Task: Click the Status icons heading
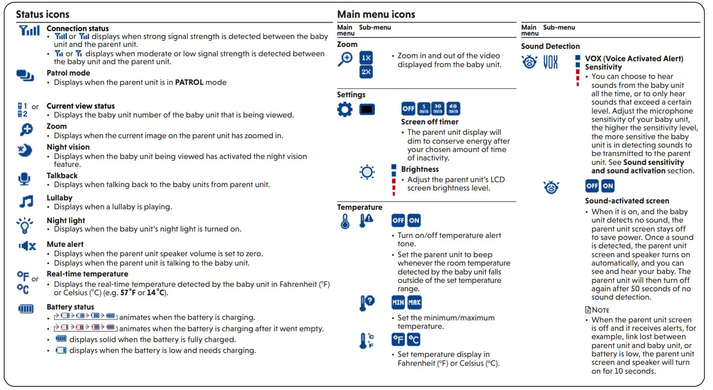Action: click(43, 14)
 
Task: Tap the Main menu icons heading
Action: click(376, 14)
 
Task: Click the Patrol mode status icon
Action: click(25, 76)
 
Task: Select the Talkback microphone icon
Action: click(24, 179)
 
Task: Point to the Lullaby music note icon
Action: click(26, 201)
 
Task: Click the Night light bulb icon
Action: click(25, 225)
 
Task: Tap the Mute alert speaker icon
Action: click(27, 246)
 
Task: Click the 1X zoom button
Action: click(366, 58)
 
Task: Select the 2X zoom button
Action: click(366, 72)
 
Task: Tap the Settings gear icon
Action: click(345, 109)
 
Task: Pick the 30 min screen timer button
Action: click(438, 109)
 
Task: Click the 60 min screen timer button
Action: click(453, 109)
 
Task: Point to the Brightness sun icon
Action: click(367, 172)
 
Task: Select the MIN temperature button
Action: click(398, 302)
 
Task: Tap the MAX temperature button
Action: click(414, 302)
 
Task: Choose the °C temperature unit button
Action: click(413, 339)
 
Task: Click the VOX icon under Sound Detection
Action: click(550, 62)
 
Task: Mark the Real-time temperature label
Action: click(88, 274)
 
